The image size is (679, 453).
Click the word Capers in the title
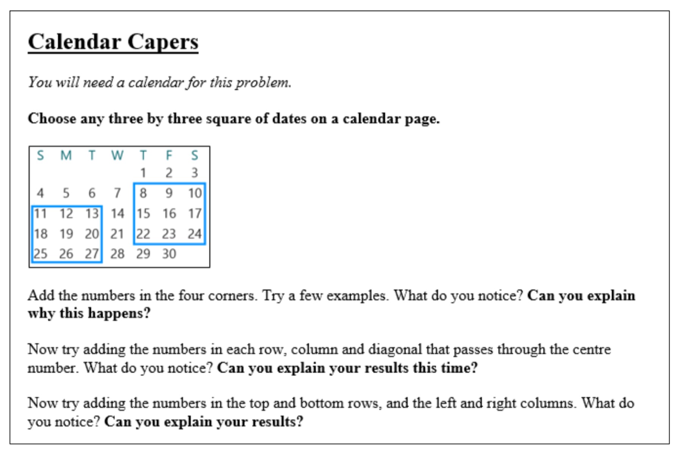(x=163, y=42)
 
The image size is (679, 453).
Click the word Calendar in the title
(x=74, y=42)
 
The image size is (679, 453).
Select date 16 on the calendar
(x=169, y=214)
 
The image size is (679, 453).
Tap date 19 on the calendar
(x=66, y=234)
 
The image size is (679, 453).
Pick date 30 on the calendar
(x=169, y=254)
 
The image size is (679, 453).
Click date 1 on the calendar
(x=143, y=173)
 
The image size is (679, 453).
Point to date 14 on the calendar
(x=117, y=214)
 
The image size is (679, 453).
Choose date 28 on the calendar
(x=117, y=254)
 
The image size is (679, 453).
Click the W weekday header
(x=117, y=155)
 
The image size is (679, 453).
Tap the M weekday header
(x=66, y=155)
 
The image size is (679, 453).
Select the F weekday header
(x=169, y=155)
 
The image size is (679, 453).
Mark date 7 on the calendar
(x=117, y=193)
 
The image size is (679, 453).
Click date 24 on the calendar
(x=194, y=234)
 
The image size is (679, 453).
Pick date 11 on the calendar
(x=41, y=214)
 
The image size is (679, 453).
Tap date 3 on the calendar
(x=194, y=173)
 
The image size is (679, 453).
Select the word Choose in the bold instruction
(x=52, y=119)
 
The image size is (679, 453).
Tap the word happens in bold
(x=119, y=313)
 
